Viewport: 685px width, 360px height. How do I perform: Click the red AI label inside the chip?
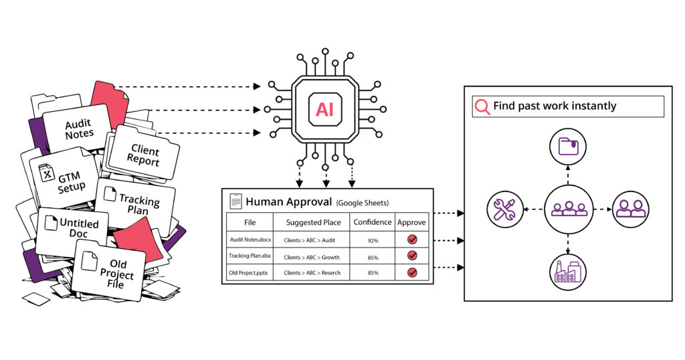coord(324,109)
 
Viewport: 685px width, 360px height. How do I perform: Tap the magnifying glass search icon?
coord(482,106)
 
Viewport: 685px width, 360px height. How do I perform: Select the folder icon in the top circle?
coord(568,147)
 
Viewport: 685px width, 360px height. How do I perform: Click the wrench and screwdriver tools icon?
coord(505,209)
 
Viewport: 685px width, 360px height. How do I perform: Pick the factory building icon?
coord(567,271)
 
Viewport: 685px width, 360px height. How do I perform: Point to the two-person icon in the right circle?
coord(630,209)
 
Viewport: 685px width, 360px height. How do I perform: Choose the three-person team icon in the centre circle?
coord(569,209)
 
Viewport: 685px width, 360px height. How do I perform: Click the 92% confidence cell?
coord(373,241)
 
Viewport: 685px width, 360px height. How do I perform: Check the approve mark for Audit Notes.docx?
coord(412,240)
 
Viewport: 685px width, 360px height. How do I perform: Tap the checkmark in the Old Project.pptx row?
coord(412,272)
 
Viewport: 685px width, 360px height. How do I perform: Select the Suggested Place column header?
coord(313,222)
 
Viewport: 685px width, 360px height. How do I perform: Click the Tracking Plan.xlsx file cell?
coord(250,256)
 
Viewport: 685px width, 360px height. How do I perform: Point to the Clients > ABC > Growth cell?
coord(312,258)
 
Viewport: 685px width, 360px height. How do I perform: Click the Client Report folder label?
coord(144,155)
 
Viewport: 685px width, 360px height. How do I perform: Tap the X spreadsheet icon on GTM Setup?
coord(46,173)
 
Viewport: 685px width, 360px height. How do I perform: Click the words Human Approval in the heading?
coord(289,202)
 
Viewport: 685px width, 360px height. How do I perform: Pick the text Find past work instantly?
coord(555,106)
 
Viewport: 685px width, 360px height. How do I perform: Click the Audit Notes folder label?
coord(79,129)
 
